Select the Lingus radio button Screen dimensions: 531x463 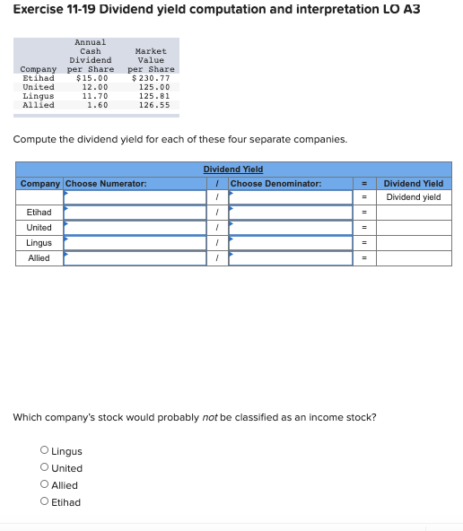point(44,451)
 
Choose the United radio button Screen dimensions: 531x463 point(44,468)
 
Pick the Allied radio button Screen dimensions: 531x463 point(44,485)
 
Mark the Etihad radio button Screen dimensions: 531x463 point(44,502)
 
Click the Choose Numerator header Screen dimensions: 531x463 point(106,184)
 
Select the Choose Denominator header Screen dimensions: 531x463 point(275,184)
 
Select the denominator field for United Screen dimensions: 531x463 point(290,227)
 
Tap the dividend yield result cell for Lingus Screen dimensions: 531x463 point(413,243)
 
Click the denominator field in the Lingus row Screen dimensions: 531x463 point(290,243)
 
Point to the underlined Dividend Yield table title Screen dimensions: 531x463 point(233,170)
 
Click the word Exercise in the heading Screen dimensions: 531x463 point(39,10)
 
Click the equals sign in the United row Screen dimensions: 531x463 point(364,227)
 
